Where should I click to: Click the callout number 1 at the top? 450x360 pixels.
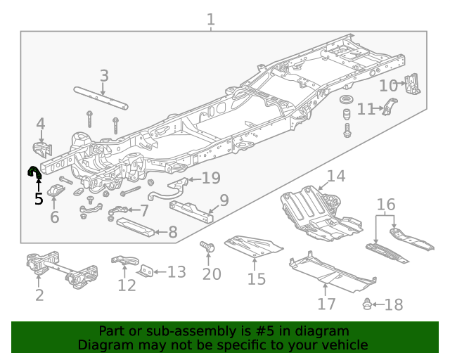click(x=210, y=19)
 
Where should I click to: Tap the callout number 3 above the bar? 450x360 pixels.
click(x=104, y=75)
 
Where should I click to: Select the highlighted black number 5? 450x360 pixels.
click(x=39, y=199)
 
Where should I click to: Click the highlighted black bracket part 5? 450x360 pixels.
click(x=34, y=172)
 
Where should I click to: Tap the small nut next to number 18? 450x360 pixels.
click(x=367, y=304)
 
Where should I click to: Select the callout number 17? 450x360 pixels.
click(x=326, y=304)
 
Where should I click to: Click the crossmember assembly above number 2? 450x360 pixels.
click(x=61, y=270)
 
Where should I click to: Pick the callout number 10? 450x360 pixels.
click(x=388, y=86)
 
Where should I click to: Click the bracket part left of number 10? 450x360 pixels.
click(x=413, y=84)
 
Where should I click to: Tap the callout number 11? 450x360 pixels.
click(x=366, y=109)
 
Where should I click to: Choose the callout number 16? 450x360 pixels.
click(x=385, y=205)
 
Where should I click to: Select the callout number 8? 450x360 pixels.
click(x=172, y=231)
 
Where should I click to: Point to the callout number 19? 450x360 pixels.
click(x=211, y=178)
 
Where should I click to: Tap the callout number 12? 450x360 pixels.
click(x=127, y=285)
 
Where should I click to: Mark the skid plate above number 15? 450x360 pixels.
click(x=254, y=245)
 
